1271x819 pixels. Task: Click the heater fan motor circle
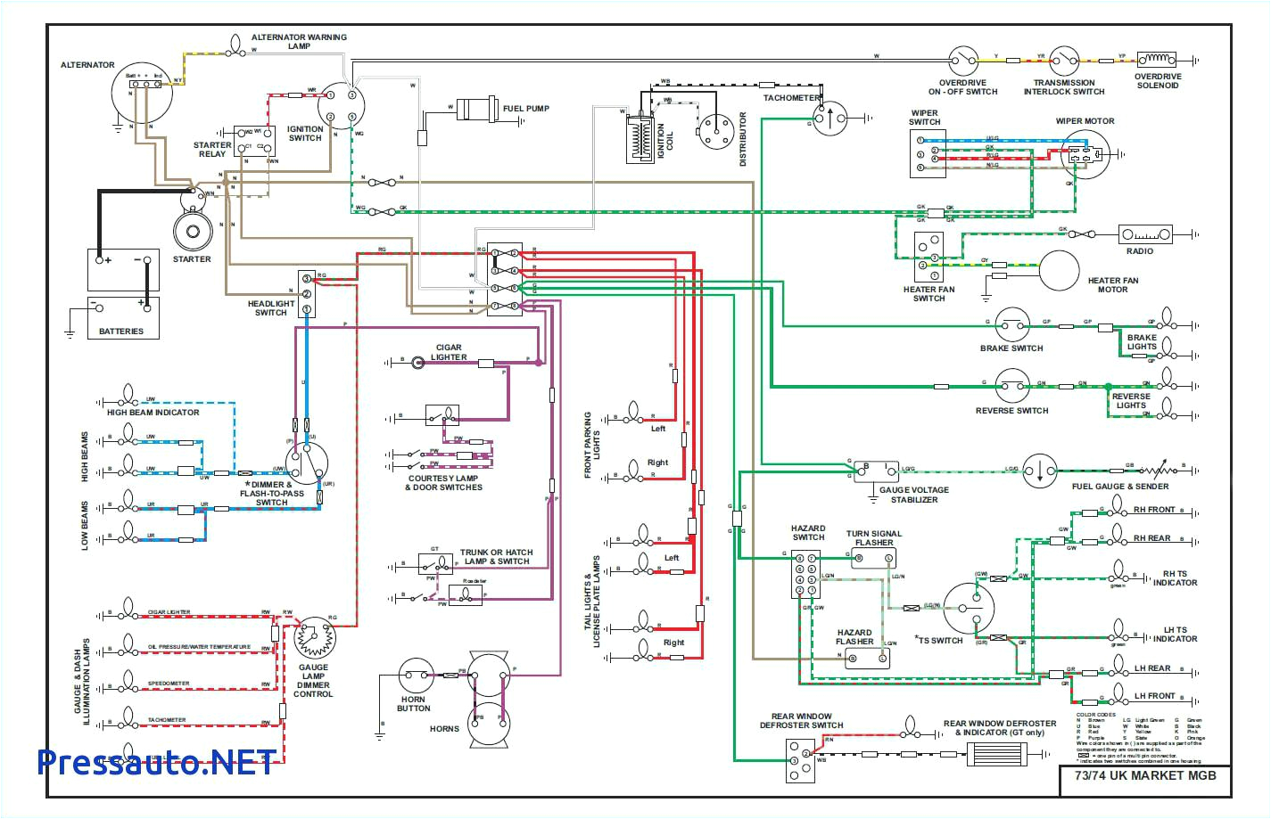1060,270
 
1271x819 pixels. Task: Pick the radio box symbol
1145,234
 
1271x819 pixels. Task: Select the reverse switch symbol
1012,387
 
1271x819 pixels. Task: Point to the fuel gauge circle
1040,470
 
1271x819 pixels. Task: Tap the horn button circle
415,676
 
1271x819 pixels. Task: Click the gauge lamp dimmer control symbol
314,639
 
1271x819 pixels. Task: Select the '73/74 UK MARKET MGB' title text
1138,775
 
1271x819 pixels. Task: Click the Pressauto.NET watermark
157,762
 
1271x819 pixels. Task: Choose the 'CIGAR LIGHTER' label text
449,352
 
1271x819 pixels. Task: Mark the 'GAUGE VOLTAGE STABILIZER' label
913,495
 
